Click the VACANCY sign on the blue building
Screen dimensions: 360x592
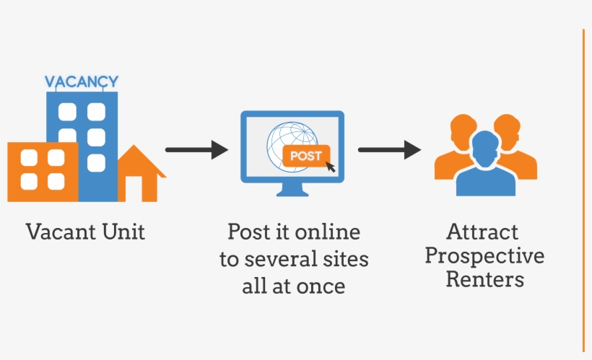[x=81, y=82]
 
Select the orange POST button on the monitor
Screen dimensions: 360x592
[x=306, y=155]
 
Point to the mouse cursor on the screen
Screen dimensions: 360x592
[x=331, y=167]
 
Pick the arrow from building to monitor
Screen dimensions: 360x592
[x=196, y=150]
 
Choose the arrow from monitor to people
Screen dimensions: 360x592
[x=389, y=150]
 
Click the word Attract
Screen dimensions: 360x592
[x=482, y=232]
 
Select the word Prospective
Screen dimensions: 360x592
[x=484, y=256]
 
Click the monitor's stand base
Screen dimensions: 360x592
[x=292, y=193]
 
